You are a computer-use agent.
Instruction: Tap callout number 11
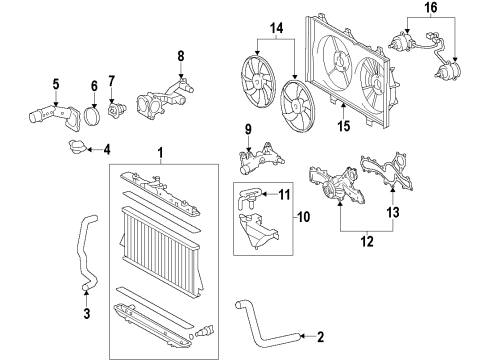tap(284, 194)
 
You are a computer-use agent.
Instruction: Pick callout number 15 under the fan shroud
tap(343, 126)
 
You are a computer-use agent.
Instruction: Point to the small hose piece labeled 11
tap(252, 197)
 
